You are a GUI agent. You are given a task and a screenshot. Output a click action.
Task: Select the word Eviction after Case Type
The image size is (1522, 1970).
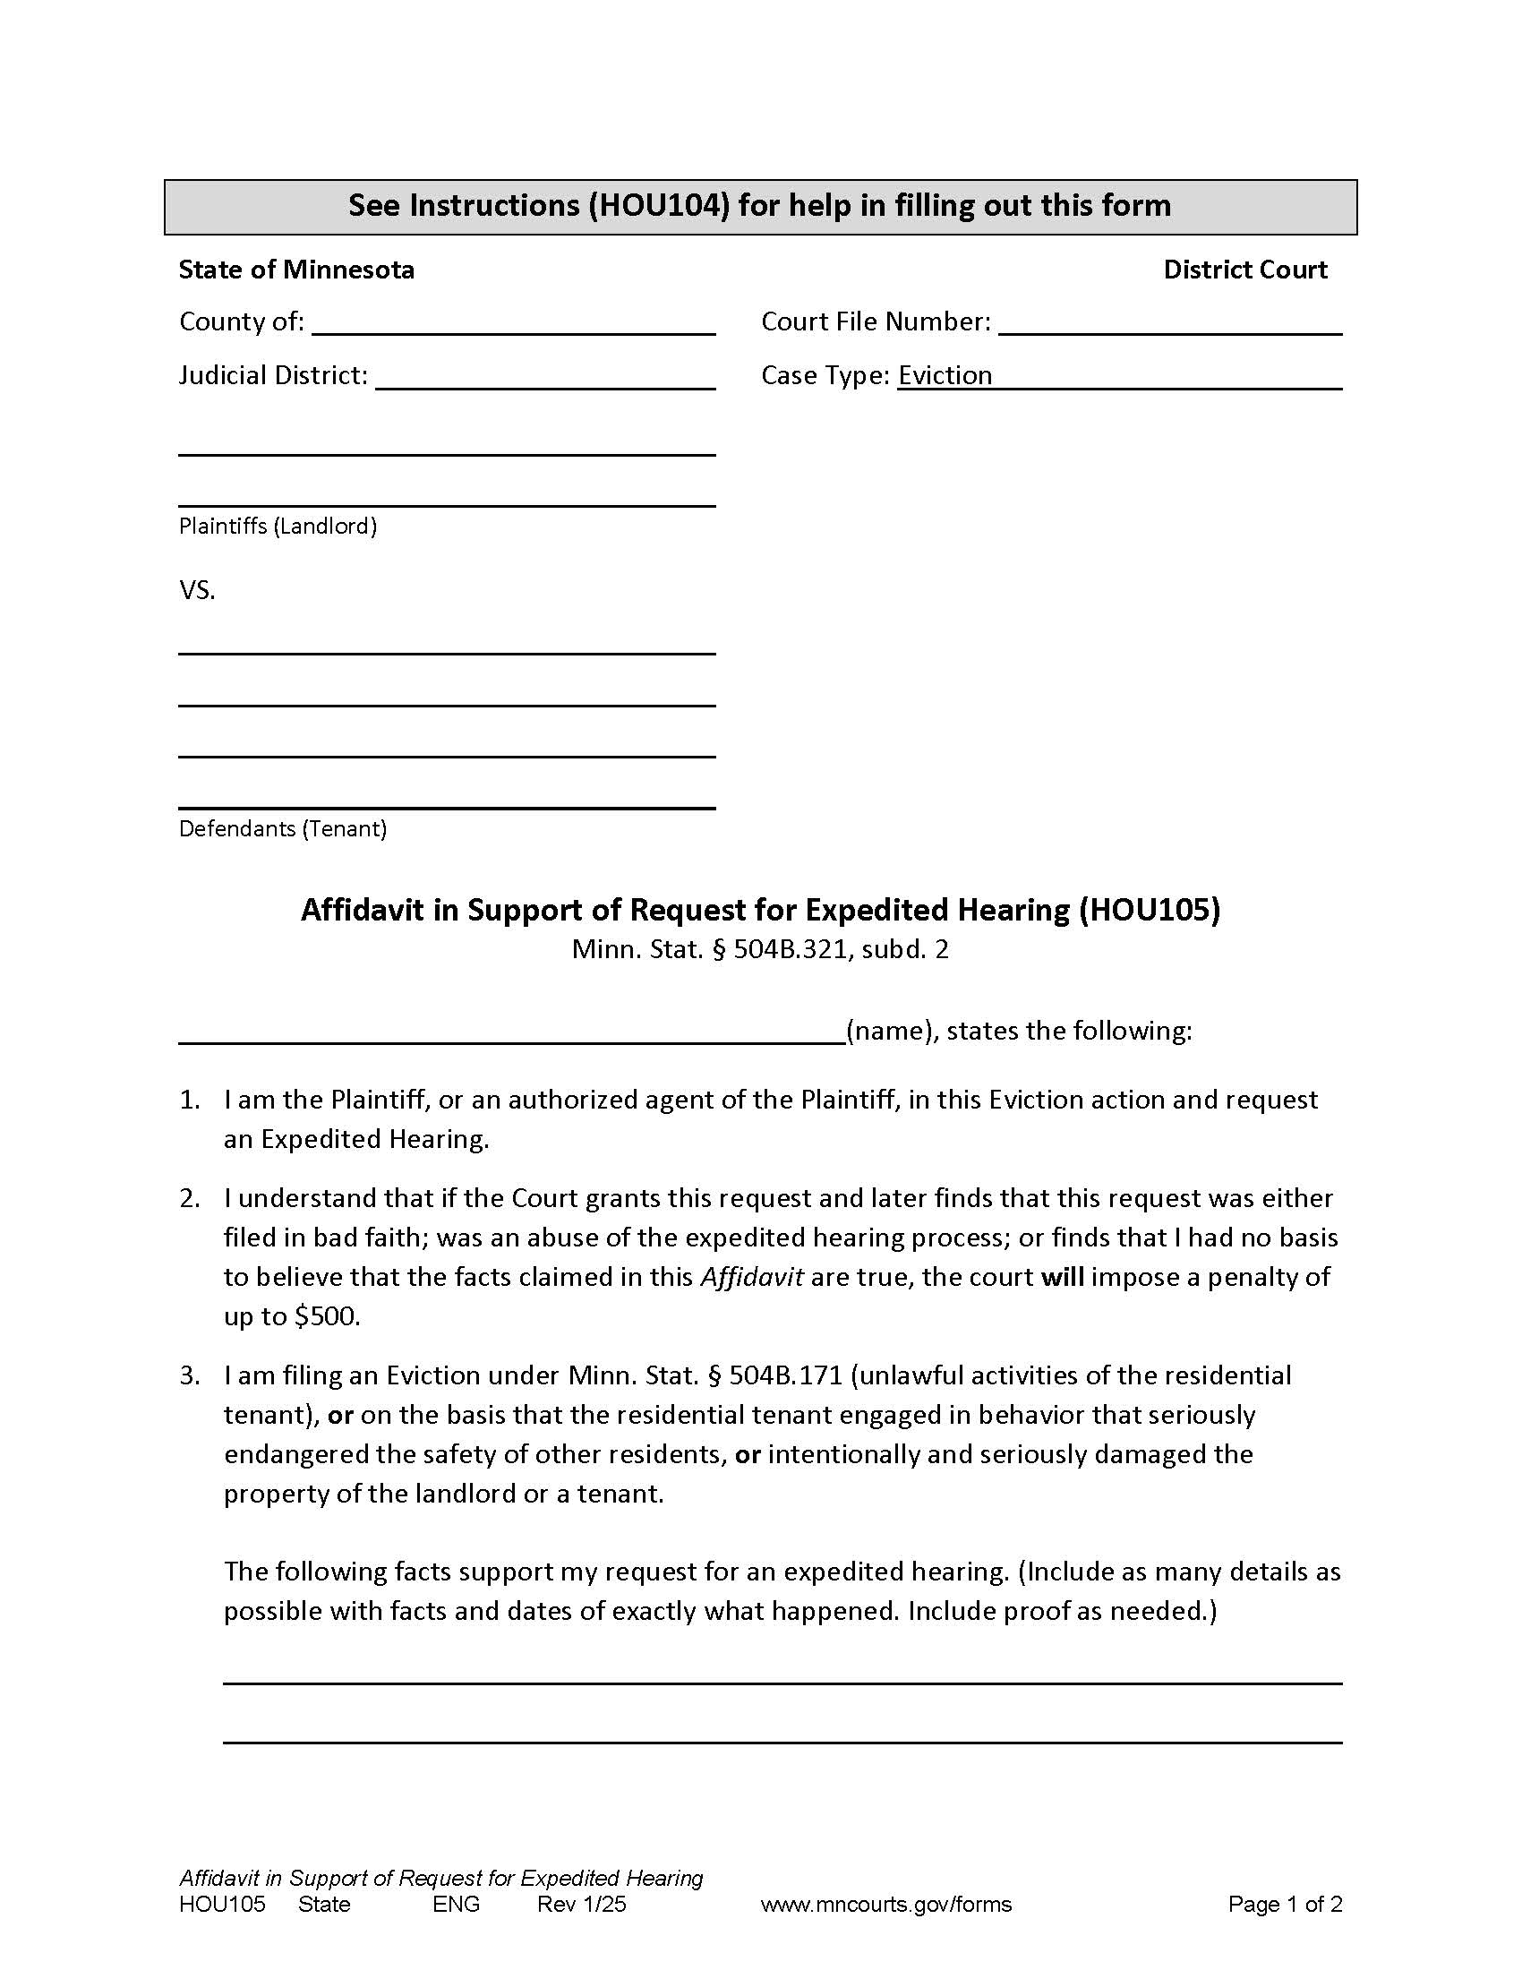point(945,375)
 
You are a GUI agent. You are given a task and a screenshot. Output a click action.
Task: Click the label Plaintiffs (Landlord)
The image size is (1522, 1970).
point(278,526)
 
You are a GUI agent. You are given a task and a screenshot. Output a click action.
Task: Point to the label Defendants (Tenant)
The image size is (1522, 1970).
point(282,828)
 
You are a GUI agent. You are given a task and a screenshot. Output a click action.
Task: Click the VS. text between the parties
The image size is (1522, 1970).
point(197,591)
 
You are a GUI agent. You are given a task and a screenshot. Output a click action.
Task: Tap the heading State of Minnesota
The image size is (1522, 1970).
point(295,270)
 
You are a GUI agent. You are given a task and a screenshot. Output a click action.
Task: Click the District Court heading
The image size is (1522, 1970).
point(1244,270)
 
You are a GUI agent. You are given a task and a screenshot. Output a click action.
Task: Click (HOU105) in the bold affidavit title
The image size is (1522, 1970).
point(1149,909)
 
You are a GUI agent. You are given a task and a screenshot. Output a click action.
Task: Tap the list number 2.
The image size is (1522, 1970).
point(189,1198)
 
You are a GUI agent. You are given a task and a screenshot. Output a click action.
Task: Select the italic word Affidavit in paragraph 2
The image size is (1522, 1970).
point(751,1277)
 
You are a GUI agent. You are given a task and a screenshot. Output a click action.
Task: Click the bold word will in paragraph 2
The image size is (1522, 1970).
point(1062,1277)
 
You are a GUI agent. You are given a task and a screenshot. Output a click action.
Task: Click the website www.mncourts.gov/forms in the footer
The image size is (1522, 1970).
point(885,1904)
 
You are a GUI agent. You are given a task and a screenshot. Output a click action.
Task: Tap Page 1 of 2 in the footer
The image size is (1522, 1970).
point(1284,1904)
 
